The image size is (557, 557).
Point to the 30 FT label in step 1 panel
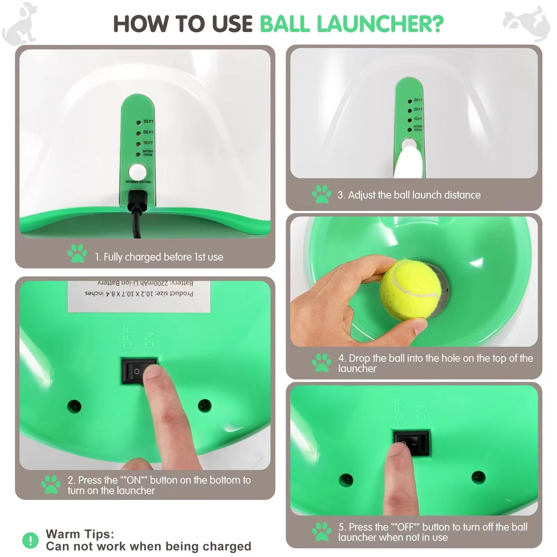148,121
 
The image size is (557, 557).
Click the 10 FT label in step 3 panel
418,119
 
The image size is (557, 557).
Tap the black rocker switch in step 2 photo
139,371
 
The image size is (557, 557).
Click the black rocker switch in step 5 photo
412,444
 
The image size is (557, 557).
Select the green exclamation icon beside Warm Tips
31,540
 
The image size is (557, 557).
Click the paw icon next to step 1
77,253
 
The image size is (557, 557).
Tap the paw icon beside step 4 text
322,363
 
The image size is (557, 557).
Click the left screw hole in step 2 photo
74,406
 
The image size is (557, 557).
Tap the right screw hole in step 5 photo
478,477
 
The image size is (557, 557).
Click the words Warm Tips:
80,534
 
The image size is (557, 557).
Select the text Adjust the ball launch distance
414,195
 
